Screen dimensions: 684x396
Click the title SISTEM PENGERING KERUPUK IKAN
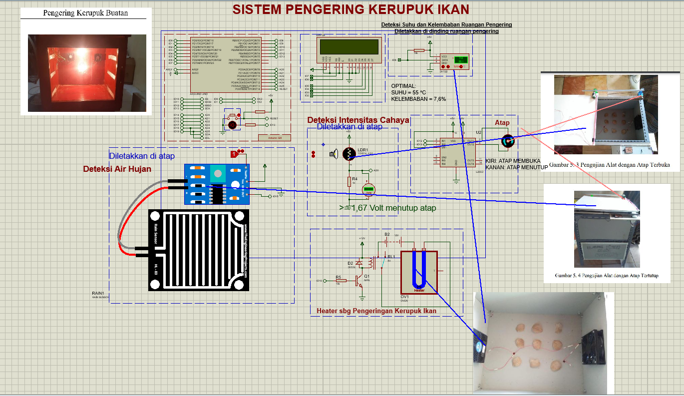tap(351, 9)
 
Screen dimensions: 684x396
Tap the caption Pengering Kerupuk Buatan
tap(85, 13)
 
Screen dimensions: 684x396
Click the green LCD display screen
tap(349, 47)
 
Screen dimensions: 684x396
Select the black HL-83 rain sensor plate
tap(198, 250)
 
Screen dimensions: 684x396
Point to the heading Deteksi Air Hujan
tap(117, 169)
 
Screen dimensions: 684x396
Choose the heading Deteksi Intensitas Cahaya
tap(358, 120)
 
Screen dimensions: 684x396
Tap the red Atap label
tap(502, 123)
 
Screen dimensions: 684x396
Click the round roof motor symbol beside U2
tap(507, 142)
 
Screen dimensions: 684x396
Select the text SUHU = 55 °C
tap(409, 92)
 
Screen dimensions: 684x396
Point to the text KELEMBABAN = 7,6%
tap(418, 99)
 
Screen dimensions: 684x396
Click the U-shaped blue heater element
tap(419, 270)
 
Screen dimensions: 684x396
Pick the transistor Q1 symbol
tap(359, 281)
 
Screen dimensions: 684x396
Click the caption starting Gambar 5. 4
tap(607, 275)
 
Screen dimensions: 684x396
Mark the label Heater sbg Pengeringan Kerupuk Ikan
tap(376, 311)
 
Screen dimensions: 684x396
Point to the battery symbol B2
tap(387, 242)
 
